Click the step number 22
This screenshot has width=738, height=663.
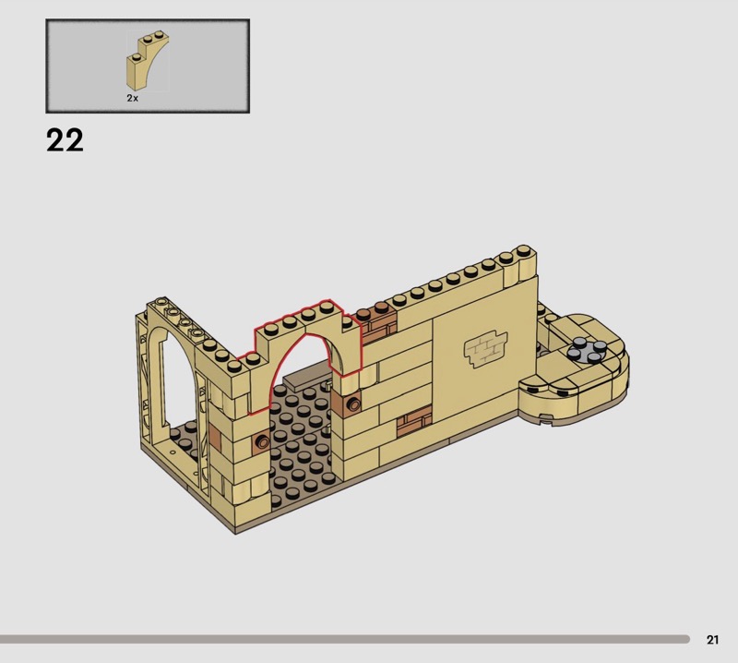click(x=65, y=140)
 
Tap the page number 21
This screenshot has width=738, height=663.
click(x=712, y=639)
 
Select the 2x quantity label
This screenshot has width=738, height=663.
click(x=132, y=98)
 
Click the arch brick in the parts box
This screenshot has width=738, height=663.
click(x=147, y=60)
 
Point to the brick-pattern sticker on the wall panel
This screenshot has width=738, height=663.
click(x=486, y=349)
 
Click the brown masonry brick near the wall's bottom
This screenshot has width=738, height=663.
click(x=413, y=421)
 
